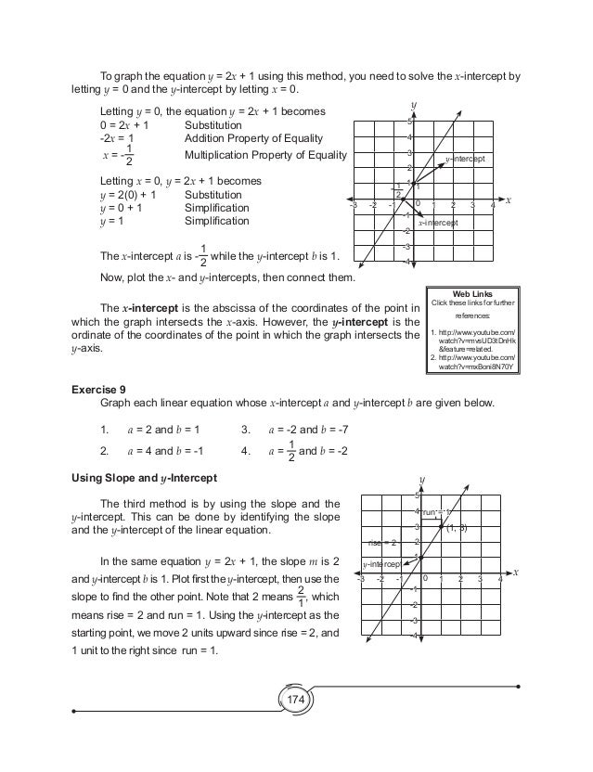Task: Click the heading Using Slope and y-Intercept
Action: click(x=144, y=478)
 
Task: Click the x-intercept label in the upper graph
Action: click(x=438, y=224)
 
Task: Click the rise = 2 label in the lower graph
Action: click(x=382, y=542)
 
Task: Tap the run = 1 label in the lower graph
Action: click(x=437, y=511)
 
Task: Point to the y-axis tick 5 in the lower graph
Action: click(x=416, y=495)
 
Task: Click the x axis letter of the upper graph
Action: click(x=509, y=199)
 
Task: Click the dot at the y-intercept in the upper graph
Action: click(x=415, y=184)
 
